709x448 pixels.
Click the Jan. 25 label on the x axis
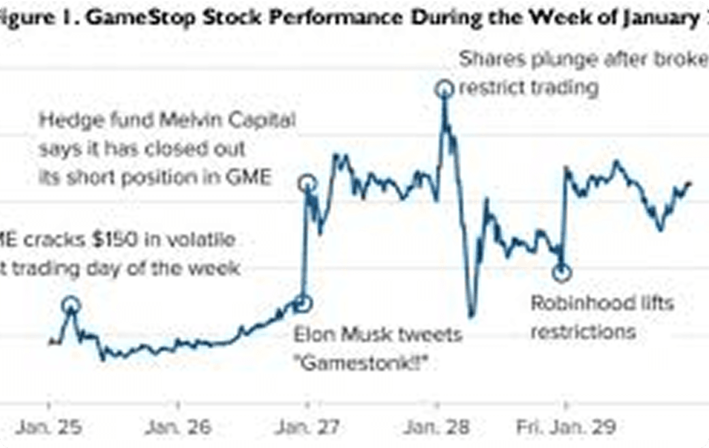[x=49, y=428]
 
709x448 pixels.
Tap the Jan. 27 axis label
[x=305, y=428]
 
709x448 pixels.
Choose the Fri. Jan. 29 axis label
[x=566, y=428]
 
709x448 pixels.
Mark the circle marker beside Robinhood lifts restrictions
[x=561, y=273]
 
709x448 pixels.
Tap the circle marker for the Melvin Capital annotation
[x=308, y=183]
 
